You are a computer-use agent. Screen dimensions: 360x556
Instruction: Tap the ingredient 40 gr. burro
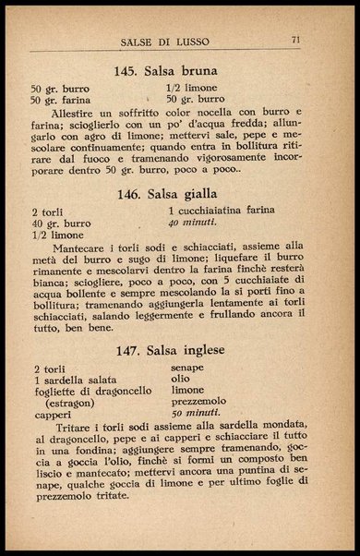[x=60, y=224]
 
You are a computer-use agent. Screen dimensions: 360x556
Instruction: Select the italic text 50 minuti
[x=195, y=414]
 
